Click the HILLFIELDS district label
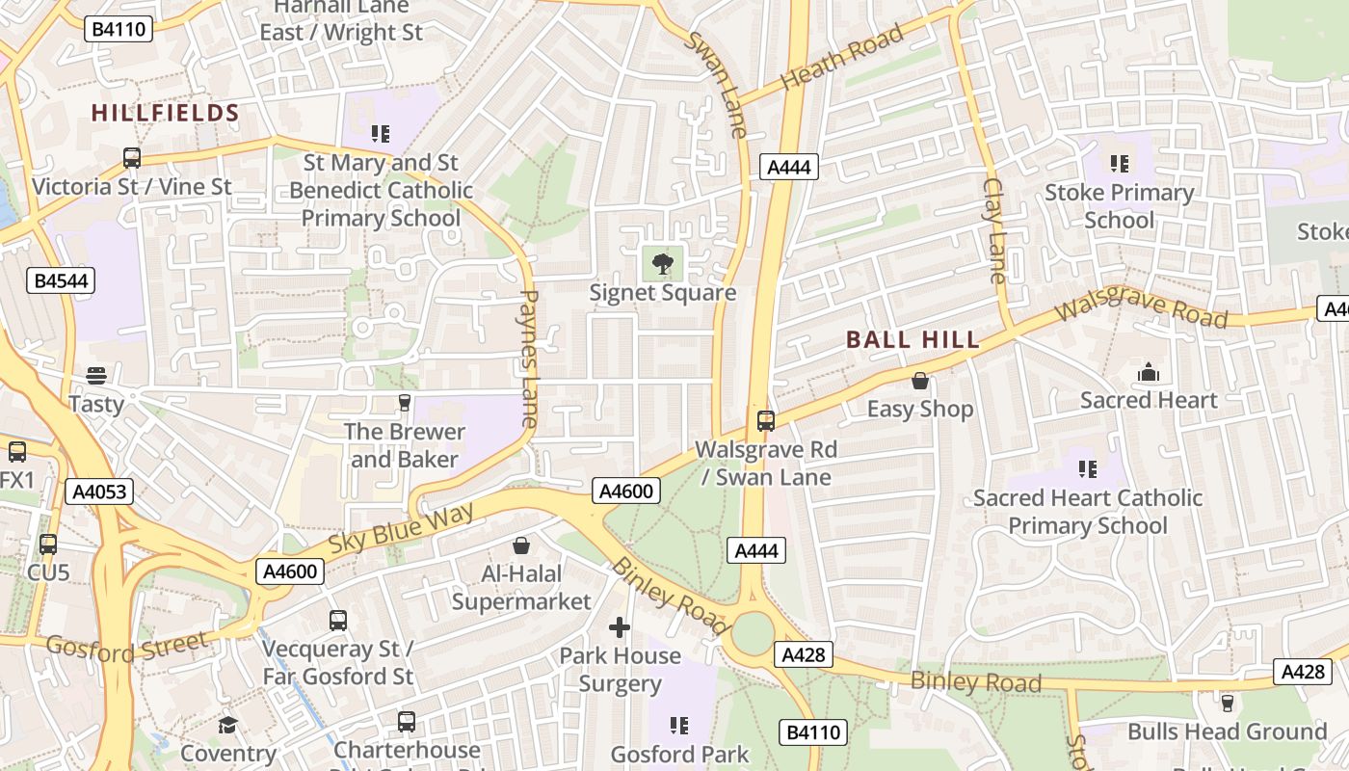tap(165, 113)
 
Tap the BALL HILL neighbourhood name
tap(913, 339)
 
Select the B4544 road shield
tap(61, 280)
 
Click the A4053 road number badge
tap(99, 492)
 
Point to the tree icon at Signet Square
tap(662, 263)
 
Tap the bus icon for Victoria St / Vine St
tap(132, 157)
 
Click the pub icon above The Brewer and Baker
tap(405, 402)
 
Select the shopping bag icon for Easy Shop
tap(920, 381)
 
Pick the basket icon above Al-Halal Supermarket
tap(521, 546)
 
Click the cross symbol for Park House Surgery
tap(620, 628)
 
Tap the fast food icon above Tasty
tap(96, 375)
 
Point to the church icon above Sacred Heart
tap(1149, 372)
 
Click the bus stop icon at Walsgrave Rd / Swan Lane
tap(766, 421)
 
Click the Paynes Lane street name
tap(529, 359)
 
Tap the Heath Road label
tap(842, 57)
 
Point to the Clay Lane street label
tap(994, 230)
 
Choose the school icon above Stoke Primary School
tap(1119, 164)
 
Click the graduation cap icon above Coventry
tap(228, 725)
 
